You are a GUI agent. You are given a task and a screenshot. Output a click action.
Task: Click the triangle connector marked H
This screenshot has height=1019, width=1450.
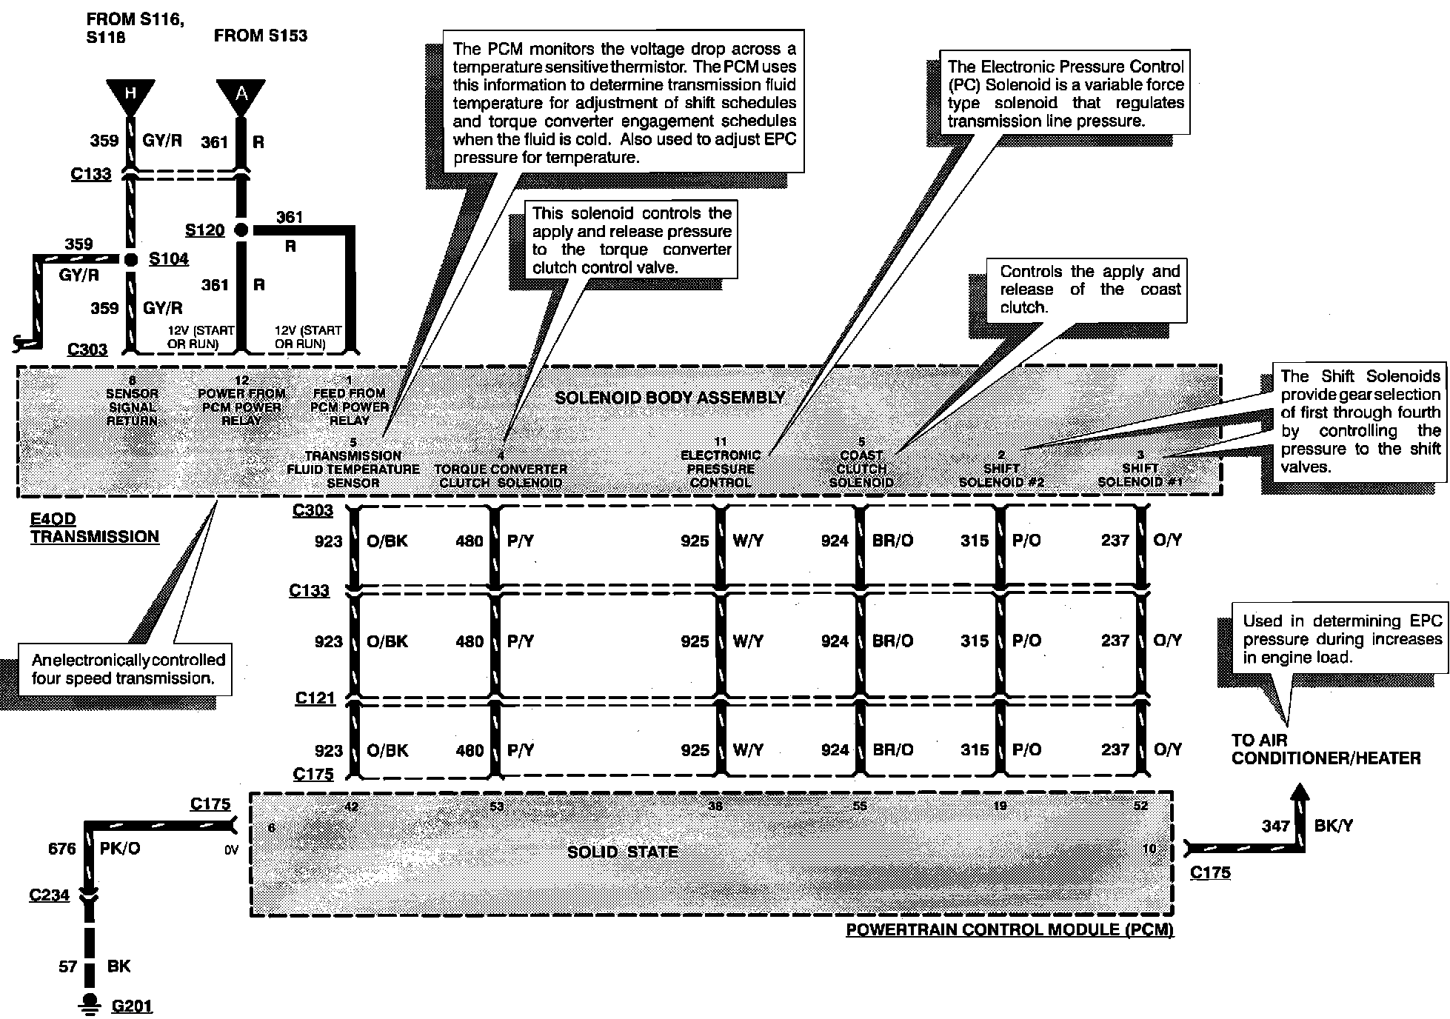pos(130,94)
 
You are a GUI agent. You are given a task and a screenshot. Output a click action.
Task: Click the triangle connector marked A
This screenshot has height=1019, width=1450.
pos(241,94)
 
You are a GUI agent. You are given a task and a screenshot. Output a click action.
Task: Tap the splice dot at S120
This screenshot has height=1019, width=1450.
pos(241,230)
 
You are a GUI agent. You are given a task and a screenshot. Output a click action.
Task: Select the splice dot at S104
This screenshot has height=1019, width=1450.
pos(131,259)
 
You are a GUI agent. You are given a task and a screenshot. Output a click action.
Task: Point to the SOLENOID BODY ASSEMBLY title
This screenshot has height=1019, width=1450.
pos(669,398)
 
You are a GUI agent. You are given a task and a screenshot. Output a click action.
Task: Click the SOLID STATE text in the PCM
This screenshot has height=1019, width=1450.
pos(622,852)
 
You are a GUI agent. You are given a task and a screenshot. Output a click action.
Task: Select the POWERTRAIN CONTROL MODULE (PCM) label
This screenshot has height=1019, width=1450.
pos(1009,930)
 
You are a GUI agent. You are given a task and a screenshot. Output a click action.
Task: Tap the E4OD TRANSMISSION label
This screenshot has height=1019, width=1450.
pos(94,528)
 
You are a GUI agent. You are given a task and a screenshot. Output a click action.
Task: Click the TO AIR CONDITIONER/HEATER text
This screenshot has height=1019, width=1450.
pos(1326,749)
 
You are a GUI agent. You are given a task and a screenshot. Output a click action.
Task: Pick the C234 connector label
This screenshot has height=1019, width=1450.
pos(49,895)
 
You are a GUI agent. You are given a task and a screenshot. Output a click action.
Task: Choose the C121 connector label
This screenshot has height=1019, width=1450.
pos(315,698)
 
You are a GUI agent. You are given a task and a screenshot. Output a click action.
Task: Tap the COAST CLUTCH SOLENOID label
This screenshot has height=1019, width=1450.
pos(861,469)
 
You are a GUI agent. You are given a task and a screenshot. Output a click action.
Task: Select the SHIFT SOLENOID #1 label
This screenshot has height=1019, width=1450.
pos(1140,475)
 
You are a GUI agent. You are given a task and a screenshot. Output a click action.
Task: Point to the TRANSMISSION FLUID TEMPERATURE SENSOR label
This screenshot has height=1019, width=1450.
pos(353,470)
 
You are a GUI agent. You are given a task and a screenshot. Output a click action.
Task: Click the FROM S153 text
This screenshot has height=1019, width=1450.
pos(260,36)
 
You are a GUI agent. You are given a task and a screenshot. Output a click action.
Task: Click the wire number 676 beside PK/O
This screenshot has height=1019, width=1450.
pos(61,849)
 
